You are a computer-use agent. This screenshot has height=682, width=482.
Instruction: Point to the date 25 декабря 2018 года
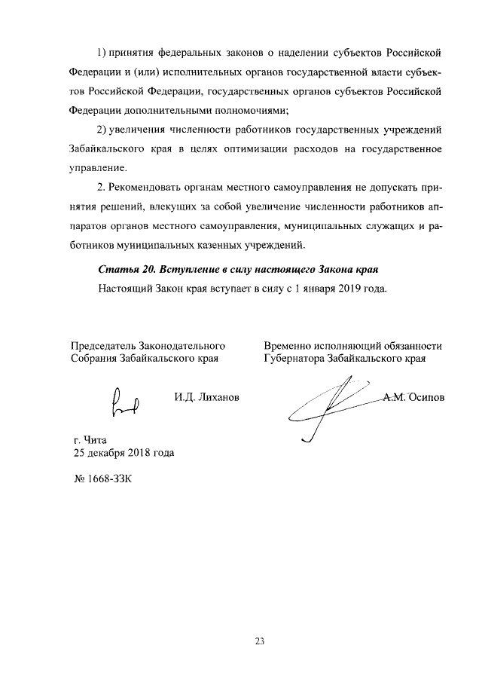(124, 454)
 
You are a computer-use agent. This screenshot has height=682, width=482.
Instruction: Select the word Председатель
(104, 346)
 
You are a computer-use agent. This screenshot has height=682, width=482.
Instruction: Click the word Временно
(288, 346)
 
